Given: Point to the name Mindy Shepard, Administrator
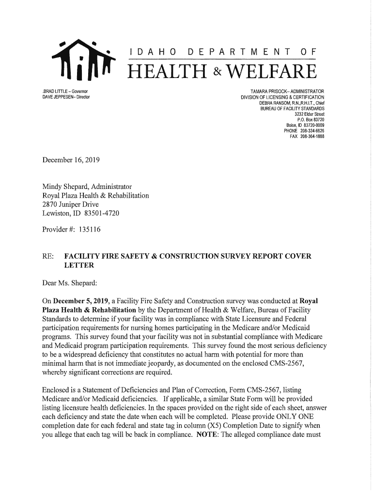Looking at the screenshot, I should point(87,186).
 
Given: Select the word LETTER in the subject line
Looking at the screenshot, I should point(79,265).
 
